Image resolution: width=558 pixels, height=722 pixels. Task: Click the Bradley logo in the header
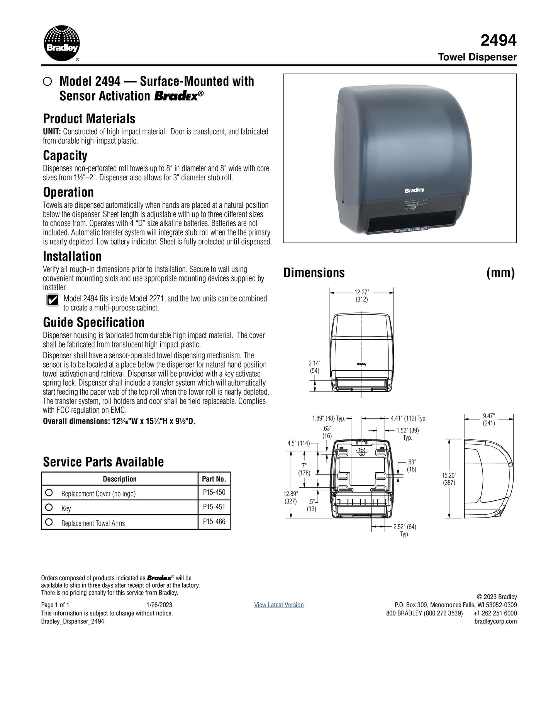(62, 43)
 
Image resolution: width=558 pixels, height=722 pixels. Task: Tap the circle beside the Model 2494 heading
(48, 81)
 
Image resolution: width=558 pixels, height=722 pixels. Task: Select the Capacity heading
(65, 156)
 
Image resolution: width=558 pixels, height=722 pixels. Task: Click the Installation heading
(72, 256)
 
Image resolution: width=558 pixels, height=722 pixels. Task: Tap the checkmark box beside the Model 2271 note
(53, 300)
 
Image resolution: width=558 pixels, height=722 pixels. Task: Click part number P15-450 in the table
(214, 492)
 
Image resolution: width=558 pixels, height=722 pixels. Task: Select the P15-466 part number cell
(214, 522)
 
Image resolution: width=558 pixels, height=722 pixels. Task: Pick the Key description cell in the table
(66, 508)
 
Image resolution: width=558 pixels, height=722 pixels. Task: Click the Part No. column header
(214, 479)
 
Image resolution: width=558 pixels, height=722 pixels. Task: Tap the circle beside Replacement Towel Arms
(49, 522)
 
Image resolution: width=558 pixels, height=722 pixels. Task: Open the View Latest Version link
(279, 605)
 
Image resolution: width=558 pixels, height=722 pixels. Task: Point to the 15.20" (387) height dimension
(448, 479)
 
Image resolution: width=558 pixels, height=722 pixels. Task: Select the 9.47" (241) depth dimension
(488, 419)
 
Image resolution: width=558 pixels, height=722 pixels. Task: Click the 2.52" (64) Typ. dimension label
(404, 530)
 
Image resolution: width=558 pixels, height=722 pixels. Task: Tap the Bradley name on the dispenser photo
(414, 190)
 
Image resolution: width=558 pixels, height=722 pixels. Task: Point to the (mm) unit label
(500, 273)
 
